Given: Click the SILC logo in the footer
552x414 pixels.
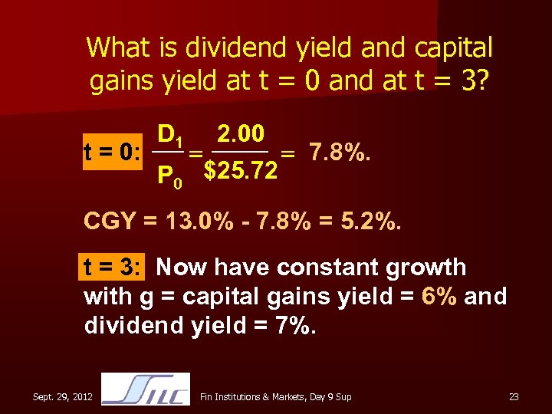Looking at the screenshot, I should (x=145, y=389).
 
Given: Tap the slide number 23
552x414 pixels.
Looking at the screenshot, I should (x=514, y=396).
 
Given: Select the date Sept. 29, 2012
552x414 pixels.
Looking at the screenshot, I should (x=63, y=396).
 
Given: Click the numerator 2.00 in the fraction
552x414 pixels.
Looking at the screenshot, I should (x=241, y=135).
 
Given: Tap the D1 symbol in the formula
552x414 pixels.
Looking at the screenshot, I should (x=169, y=136).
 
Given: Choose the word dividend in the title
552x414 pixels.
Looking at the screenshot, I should (x=218, y=48).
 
